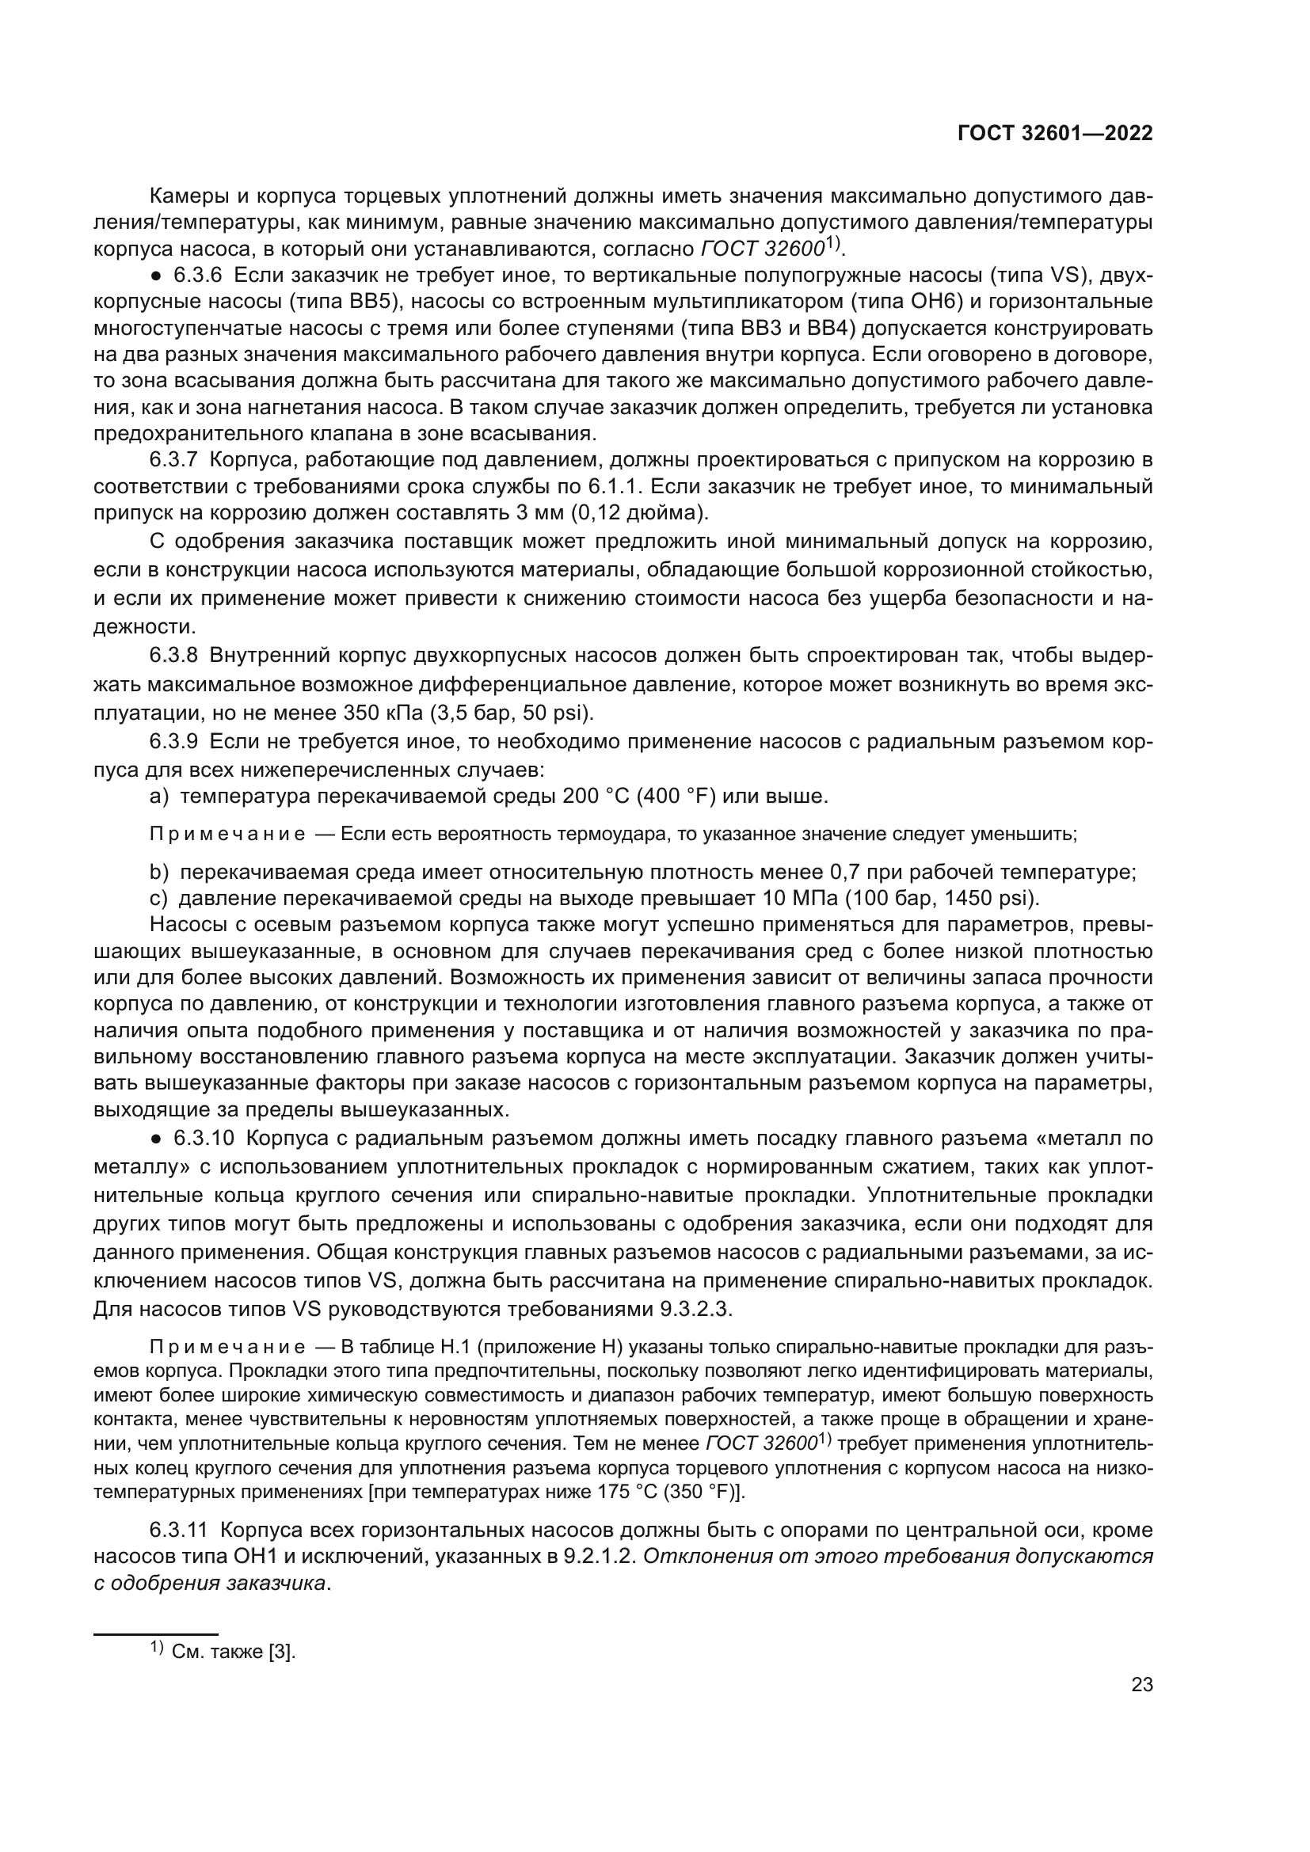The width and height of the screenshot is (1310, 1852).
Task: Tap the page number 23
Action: (1141, 1685)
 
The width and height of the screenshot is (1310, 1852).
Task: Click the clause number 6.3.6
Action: (198, 276)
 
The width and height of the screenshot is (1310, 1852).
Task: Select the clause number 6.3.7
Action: (173, 461)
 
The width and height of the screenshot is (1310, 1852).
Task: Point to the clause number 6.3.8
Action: (173, 656)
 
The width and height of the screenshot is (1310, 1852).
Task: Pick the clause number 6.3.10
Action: (204, 1138)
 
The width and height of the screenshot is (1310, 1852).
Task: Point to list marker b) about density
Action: (159, 873)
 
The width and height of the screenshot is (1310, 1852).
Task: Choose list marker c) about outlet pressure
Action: (158, 899)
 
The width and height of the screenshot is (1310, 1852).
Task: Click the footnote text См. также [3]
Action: (233, 1651)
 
